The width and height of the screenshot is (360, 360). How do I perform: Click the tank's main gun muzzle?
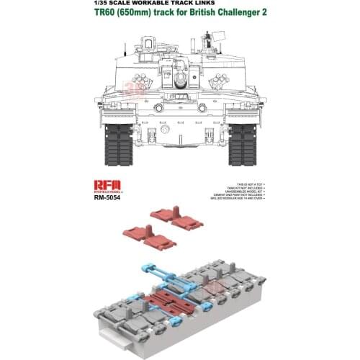180,74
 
